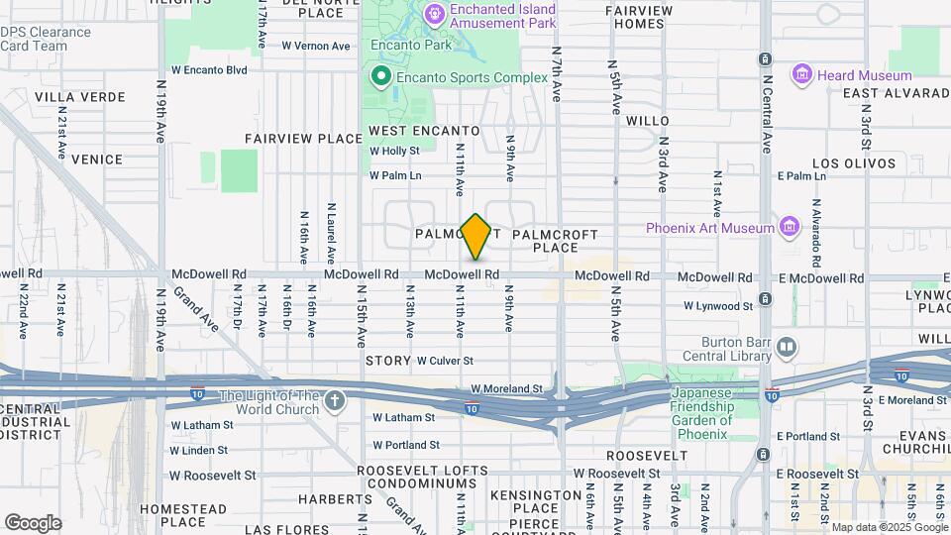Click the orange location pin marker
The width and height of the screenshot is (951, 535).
pos(476,236)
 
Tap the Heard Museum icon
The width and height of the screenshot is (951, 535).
pos(802,75)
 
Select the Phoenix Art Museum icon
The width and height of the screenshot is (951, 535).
pos(790,228)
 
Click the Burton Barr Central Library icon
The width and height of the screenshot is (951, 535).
pos(787,348)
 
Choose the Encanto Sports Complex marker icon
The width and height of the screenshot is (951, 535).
pos(379,76)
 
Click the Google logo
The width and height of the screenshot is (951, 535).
pos(32,522)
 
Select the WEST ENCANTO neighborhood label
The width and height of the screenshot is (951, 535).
pos(424,131)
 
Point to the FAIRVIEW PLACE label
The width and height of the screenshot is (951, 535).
pos(303,139)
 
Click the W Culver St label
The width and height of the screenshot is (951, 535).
pos(445,361)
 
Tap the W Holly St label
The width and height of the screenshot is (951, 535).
pos(394,152)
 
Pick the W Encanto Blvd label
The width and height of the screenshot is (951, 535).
pos(209,70)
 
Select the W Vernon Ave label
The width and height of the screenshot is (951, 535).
pos(316,46)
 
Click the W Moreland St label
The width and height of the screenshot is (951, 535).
pos(507,389)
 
